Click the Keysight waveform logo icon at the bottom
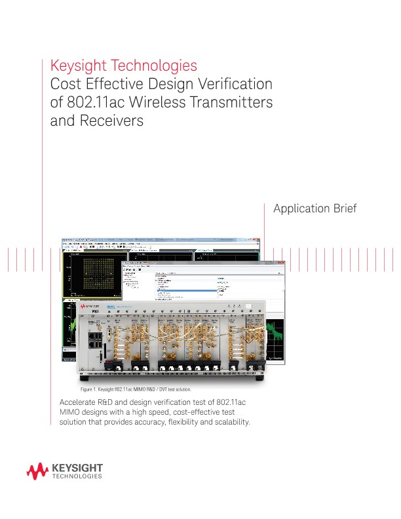(x=37, y=471)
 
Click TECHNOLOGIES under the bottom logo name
(x=77, y=477)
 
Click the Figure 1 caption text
(x=134, y=389)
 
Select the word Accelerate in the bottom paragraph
(x=79, y=401)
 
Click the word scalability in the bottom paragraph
(x=228, y=421)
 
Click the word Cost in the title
(x=64, y=85)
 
